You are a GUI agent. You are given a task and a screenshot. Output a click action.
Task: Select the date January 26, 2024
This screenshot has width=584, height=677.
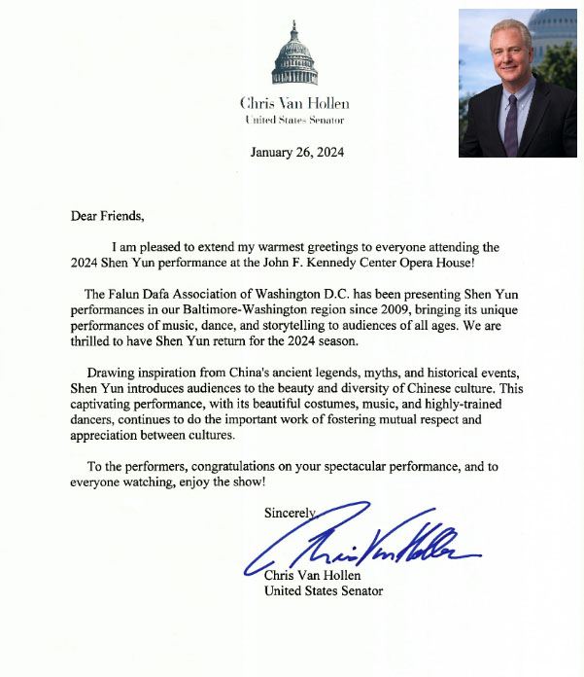click(x=296, y=152)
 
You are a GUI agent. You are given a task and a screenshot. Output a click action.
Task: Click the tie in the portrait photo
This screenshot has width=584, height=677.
click(x=511, y=123)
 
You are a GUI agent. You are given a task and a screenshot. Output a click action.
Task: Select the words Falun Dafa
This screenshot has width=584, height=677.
click(x=141, y=295)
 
